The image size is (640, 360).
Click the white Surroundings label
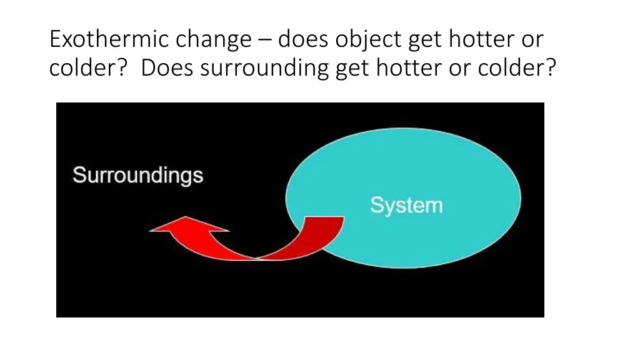click(137, 174)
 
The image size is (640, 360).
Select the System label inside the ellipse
click(406, 205)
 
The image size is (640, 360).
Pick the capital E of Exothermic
click(56, 40)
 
